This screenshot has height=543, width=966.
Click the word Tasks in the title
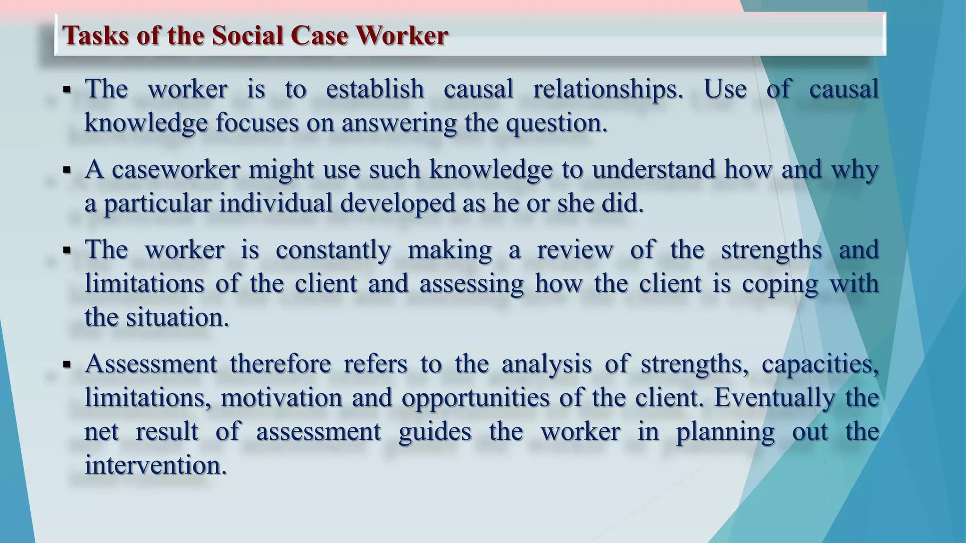pyautogui.click(x=96, y=35)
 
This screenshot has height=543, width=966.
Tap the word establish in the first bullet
pyautogui.click(x=375, y=89)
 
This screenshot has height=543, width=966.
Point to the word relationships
pyautogui.click(x=608, y=89)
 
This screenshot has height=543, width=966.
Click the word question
pyautogui.click(x=556, y=123)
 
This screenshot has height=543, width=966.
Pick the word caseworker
pyautogui.click(x=176, y=169)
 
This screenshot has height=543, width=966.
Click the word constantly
pyautogui.click(x=333, y=250)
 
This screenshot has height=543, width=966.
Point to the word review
pyautogui.click(x=575, y=250)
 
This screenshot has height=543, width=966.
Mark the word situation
pyautogui.click(x=177, y=317)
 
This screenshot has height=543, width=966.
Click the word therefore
pyautogui.click(x=281, y=364)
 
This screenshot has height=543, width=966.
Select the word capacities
pyautogui.click(x=820, y=364)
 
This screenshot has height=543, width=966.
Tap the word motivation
pyautogui.click(x=281, y=398)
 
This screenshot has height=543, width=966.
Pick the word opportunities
pyautogui.click(x=475, y=398)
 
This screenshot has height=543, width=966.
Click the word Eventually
pyautogui.click(x=774, y=398)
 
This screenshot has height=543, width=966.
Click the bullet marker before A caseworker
pyautogui.click(x=67, y=170)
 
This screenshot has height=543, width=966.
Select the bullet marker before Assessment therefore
pyautogui.click(x=67, y=364)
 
